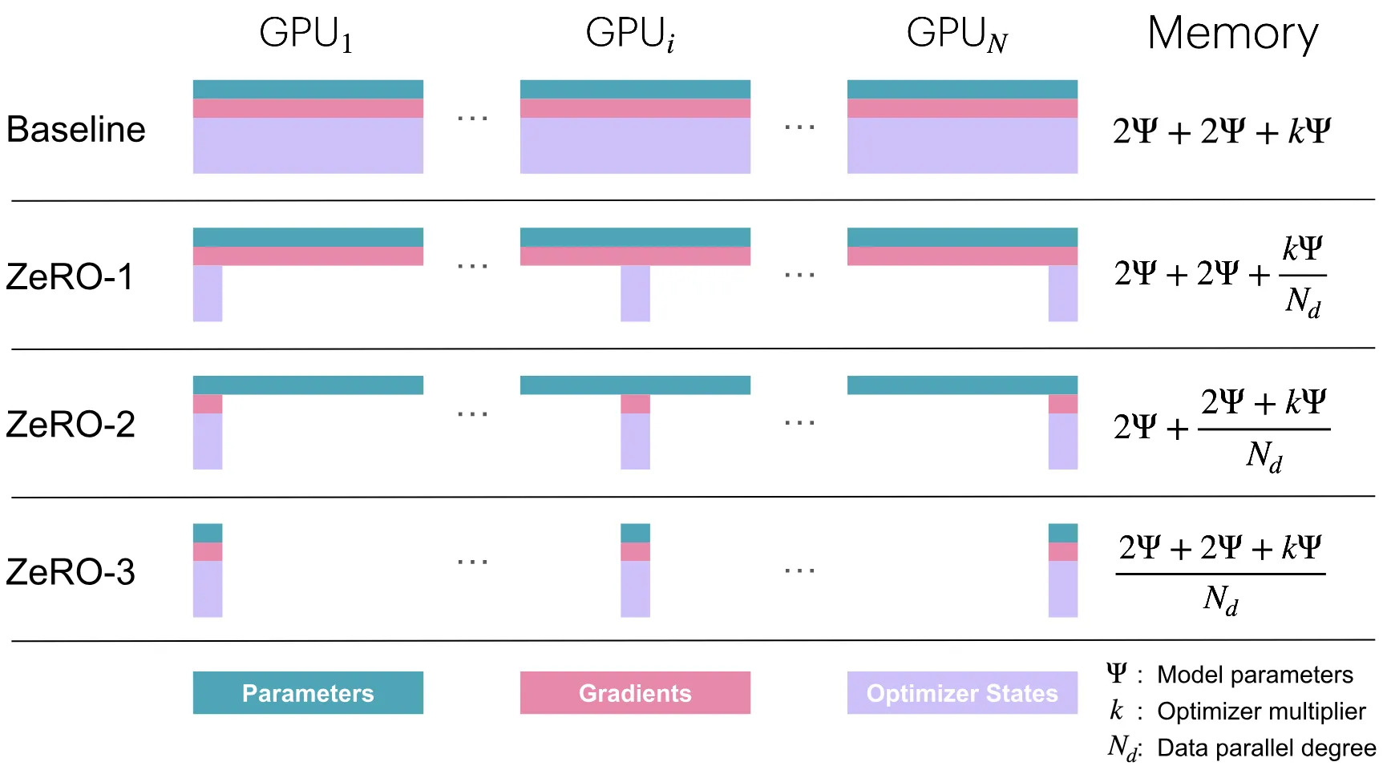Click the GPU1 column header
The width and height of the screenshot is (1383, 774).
pos(306,34)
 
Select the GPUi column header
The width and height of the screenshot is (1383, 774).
pos(630,34)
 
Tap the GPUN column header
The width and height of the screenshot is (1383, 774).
pos(956,34)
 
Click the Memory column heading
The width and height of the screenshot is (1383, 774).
pos(1232,34)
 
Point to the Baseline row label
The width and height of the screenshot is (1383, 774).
pos(76,130)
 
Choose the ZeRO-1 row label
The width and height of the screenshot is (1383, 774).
pos(70,277)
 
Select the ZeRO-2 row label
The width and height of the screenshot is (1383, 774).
pos(71,425)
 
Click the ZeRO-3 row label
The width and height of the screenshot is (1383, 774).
pos(71,572)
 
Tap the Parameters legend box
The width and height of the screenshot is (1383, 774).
pos(308,693)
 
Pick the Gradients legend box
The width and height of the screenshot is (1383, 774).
pos(635,693)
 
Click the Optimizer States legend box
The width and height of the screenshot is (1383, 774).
pos(962,693)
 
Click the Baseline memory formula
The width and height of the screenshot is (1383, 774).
pos(1221,131)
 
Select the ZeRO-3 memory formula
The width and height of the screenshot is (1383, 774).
pos(1220,574)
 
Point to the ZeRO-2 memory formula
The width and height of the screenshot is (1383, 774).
pos(1221,429)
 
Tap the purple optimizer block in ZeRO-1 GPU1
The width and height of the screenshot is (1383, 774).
pos(208,293)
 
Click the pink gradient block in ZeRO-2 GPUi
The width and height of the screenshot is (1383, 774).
pos(635,404)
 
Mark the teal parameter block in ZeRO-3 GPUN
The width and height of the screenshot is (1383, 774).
pos(1063,533)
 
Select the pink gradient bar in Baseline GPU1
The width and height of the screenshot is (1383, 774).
pos(308,108)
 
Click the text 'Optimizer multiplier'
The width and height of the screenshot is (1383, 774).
pos(1261,712)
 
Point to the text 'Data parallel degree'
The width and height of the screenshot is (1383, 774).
pos(1266,748)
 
